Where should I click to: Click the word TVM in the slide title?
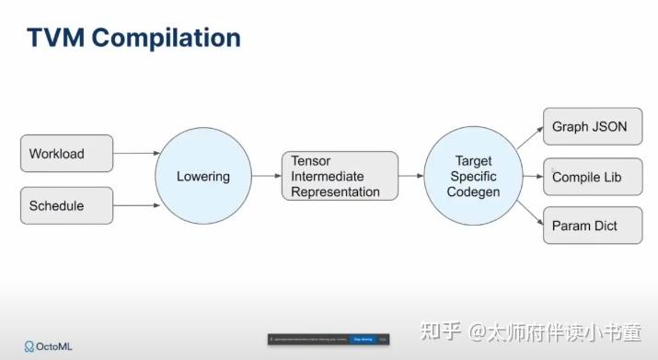56,39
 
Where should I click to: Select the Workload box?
66,153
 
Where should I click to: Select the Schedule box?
66,205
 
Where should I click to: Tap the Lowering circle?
202,176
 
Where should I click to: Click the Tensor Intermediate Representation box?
339,176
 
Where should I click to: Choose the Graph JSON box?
592,127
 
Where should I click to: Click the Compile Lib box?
592,177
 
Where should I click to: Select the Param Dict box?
592,226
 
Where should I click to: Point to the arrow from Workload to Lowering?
136,154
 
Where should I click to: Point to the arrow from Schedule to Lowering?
136,204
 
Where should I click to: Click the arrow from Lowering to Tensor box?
265,176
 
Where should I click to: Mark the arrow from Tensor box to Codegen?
410,176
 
